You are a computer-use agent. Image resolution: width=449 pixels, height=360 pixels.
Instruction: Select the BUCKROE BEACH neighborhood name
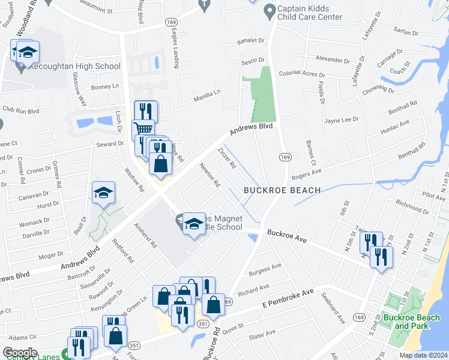click(x=282, y=190)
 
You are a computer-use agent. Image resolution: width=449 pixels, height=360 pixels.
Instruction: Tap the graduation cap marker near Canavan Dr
click(x=103, y=193)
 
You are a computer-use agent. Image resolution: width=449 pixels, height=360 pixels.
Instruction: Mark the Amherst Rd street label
click(x=146, y=236)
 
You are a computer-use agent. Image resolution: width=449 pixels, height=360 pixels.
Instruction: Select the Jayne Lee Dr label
click(x=341, y=120)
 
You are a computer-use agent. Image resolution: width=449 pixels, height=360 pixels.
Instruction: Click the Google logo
click(x=20, y=352)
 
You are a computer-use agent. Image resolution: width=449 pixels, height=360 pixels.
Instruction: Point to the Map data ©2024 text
click(x=423, y=355)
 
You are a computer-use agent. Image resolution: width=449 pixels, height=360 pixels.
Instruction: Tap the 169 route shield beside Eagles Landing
click(x=171, y=22)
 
